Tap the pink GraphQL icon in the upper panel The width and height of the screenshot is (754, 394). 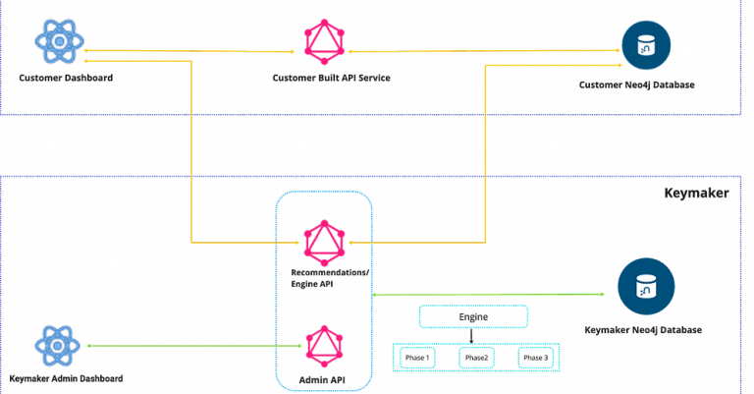(320, 39)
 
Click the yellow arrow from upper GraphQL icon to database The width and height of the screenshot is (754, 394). (481, 51)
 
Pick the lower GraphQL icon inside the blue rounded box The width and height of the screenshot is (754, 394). (321, 344)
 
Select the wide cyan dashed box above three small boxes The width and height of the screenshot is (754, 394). (473, 316)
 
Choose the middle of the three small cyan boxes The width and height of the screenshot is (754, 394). (476, 358)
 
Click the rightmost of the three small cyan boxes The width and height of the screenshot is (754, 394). (535, 358)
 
